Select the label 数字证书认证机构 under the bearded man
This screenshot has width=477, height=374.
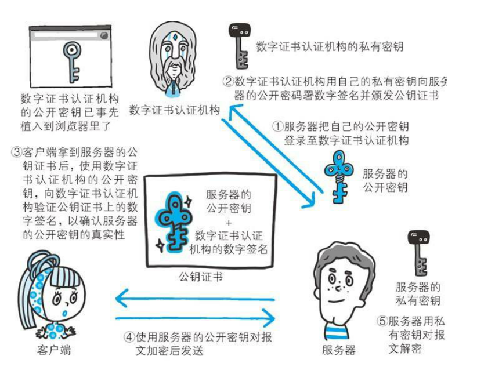(174, 110)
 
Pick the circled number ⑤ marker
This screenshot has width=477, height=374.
(382, 321)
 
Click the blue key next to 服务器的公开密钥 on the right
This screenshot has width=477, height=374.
(339, 174)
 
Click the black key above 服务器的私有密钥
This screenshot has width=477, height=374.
(418, 252)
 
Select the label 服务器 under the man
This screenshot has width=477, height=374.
(338, 350)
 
